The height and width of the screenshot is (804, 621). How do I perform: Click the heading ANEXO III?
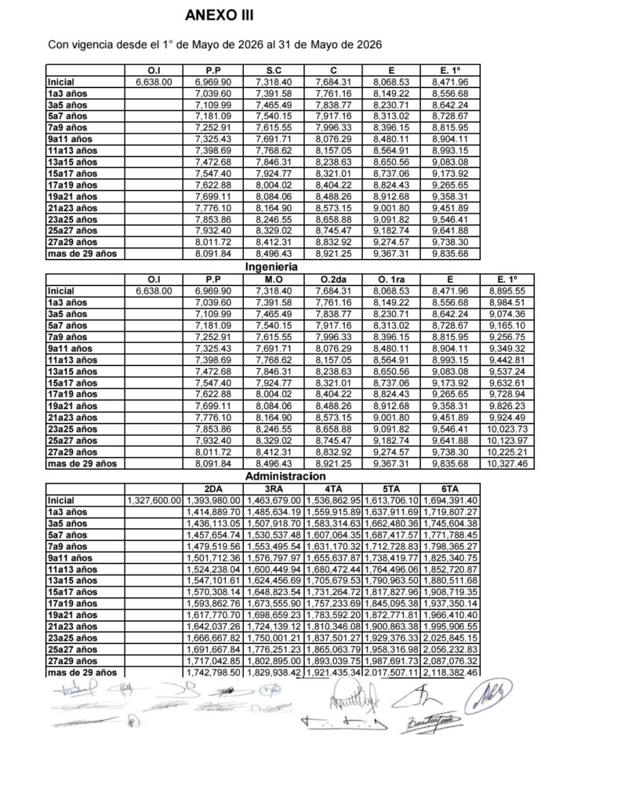(x=219, y=14)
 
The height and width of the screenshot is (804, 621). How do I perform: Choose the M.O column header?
(x=274, y=280)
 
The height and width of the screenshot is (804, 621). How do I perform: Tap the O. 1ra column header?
(x=391, y=280)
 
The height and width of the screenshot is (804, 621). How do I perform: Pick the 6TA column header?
(x=449, y=488)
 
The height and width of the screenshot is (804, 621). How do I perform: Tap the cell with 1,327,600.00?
(x=154, y=500)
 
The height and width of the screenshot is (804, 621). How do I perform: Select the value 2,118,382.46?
(x=450, y=674)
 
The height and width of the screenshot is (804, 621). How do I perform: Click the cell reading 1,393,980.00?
(x=212, y=500)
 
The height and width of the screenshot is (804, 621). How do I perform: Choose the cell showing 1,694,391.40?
(x=450, y=500)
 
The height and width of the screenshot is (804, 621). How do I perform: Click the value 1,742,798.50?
(x=212, y=674)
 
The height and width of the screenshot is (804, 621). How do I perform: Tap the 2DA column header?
(x=212, y=488)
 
